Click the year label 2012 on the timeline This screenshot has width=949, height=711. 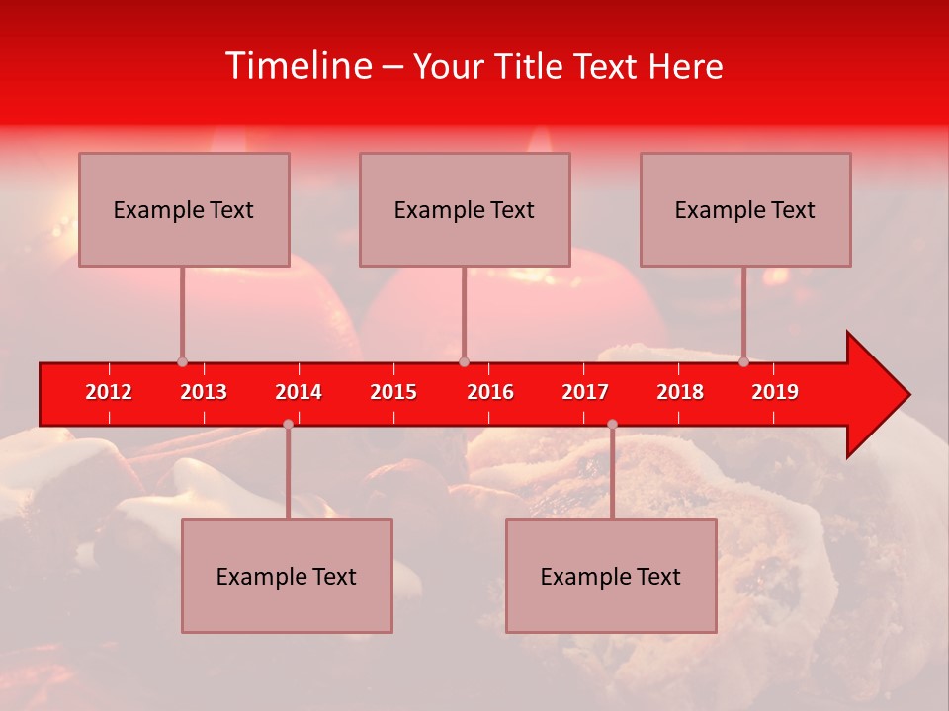pyautogui.click(x=109, y=392)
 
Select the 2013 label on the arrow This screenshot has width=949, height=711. pyautogui.click(x=204, y=392)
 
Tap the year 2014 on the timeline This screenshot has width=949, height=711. pyautogui.click(x=299, y=392)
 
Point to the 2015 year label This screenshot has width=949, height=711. pyautogui.click(x=393, y=392)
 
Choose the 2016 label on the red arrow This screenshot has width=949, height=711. pyautogui.click(x=490, y=392)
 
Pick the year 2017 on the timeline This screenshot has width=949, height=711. pyautogui.click(x=585, y=392)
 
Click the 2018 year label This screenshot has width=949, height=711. pyautogui.click(x=680, y=392)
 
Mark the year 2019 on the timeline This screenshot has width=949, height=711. pyautogui.click(x=775, y=392)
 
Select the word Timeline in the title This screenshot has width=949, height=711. pyautogui.click(x=299, y=66)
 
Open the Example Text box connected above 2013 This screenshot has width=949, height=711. pyautogui.click(x=184, y=209)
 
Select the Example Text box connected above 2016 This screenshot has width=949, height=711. pyautogui.click(x=465, y=209)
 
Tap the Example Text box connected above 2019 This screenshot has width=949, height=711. pyautogui.click(x=745, y=209)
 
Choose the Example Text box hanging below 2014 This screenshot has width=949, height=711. pyautogui.click(x=287, y=576)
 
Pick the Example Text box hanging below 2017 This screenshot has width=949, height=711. pyautogui.click(x=611, y=576)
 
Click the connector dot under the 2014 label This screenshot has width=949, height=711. pyautogui.click(x=288, y=424)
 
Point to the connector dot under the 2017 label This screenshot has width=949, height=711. pyautogui.click(x=612, y=424)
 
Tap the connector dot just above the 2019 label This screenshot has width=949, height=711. pyautogui.click(x=743, y=361)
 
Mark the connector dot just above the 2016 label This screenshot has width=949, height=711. pyautogui.click(x=464, y=361)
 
